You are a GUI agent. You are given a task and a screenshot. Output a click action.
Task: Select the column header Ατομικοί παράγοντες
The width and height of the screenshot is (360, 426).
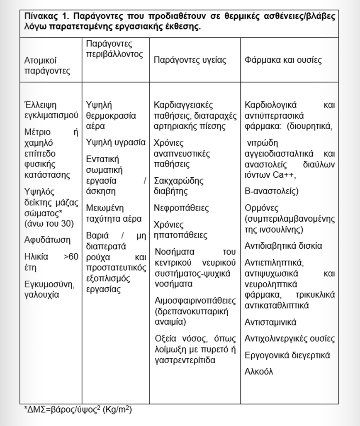(47, 65)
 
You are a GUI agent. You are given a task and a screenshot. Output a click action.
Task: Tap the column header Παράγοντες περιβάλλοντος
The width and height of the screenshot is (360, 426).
(115, 49)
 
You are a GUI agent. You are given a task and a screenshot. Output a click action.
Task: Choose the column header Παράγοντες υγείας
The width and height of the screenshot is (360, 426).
(190, 60)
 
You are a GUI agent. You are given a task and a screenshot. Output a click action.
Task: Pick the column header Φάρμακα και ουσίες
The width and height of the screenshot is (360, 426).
(283, 60)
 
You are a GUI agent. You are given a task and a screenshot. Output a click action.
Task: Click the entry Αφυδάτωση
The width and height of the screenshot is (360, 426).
(47, 240)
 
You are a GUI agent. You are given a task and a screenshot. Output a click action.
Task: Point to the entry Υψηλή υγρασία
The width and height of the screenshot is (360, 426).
(116, 142)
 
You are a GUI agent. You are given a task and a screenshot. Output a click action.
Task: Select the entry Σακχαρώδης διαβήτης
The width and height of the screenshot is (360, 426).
(178, 186)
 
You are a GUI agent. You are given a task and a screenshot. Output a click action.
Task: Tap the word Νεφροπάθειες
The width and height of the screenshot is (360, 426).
(181, 208)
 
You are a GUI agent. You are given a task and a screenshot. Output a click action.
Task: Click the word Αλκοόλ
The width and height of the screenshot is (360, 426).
(259, 371)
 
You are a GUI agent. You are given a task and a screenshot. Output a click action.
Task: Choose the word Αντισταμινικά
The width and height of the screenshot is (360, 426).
(270, 322)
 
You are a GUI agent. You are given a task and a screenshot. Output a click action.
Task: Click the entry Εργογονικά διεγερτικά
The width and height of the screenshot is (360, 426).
(287, 355)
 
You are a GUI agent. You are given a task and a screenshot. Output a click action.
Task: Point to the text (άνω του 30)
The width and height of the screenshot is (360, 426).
(49, 223)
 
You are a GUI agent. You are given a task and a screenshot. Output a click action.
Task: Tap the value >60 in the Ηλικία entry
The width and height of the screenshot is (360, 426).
(71, 257)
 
